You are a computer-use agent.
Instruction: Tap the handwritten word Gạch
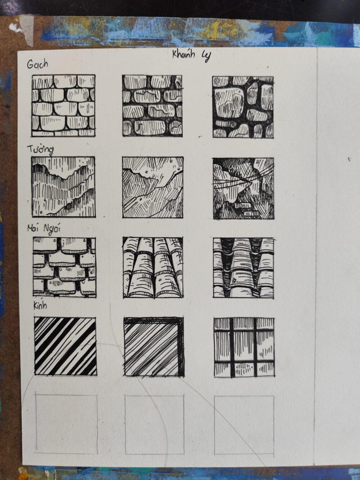[37, 64]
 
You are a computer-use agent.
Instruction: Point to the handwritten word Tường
[40, 150]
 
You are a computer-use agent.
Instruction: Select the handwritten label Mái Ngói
[44, 229]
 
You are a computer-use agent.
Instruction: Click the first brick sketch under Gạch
[64, 106]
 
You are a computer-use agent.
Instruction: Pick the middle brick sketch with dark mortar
[152, 106]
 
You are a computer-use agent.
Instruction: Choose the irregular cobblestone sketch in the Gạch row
[243, 107]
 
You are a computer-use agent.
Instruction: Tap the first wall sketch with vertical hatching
[64, 187]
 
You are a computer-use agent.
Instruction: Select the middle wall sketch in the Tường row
[153, 187]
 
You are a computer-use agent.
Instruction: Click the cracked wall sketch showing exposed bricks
[243, 188]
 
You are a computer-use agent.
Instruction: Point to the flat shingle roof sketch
[64, 267]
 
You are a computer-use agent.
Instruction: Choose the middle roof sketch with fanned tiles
[153, 268]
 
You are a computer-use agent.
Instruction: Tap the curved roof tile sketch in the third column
[244, 268]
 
